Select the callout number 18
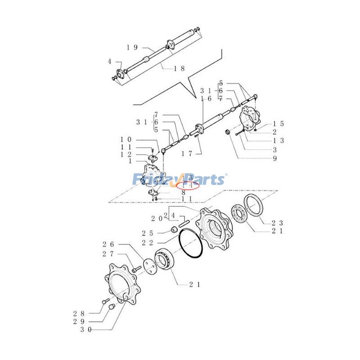179,68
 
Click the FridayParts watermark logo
179,179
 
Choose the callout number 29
79,321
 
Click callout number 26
108,244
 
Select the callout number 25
148,233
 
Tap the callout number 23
277,222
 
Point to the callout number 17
187,153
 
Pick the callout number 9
274,158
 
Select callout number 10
126,139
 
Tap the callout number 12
126,154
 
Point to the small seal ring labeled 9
228,132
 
